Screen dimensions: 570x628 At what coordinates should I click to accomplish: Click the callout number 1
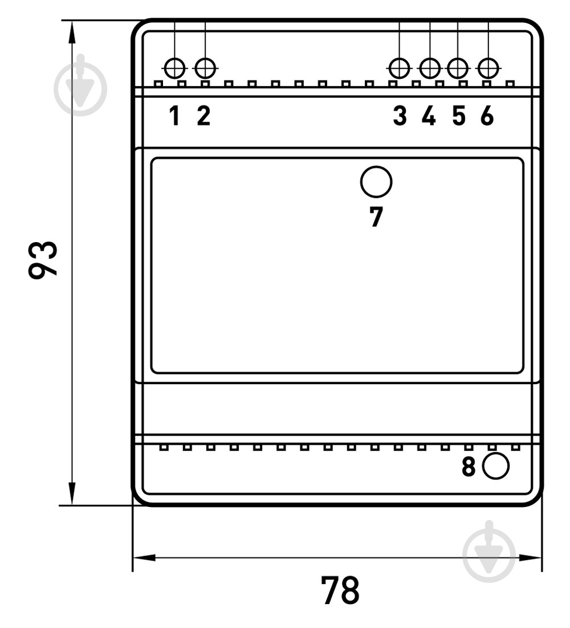point(174,116)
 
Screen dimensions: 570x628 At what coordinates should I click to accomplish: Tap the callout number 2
point(203,116)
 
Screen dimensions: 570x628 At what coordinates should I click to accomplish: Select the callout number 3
point(400,116)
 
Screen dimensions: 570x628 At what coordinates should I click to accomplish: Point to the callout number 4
point(429,116)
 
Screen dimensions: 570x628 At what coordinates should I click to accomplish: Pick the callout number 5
point(459,116)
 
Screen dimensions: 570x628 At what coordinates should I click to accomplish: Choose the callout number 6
point(487,116)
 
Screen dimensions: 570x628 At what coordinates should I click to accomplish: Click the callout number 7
point(376,217)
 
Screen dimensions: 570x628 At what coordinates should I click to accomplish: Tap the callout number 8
point(469,466)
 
